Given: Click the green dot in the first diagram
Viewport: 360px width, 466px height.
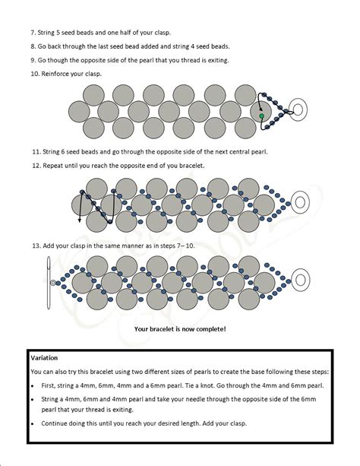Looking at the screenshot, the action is coord(261,116).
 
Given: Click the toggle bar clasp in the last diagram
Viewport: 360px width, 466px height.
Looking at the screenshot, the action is coord(49,283).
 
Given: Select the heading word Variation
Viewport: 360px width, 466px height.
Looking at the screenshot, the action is coord(44,358).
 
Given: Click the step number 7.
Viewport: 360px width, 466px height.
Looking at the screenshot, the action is coord(33,33).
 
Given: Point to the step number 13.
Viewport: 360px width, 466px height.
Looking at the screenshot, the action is coord(36,246).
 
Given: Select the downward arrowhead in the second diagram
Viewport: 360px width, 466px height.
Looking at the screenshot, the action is coord(80,220).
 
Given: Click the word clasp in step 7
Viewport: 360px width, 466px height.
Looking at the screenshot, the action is coord(163,33).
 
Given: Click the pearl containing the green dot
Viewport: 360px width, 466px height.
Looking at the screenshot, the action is coord(261,112).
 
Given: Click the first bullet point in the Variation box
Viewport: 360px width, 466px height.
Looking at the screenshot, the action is coord(33,386).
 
